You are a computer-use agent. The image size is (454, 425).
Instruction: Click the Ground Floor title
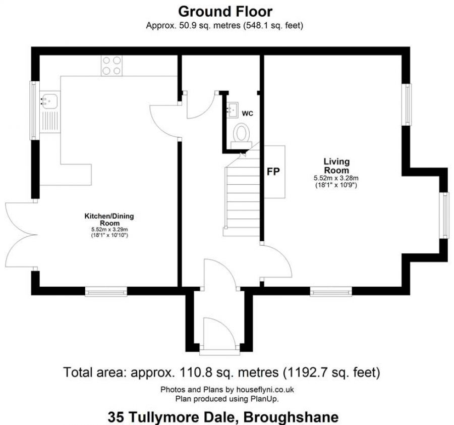click(x=225, y=12)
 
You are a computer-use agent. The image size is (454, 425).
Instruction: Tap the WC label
click(x=248, y=114)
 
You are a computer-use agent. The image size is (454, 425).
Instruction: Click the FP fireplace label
click(x=273, y=172)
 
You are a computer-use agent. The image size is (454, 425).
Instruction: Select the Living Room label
click(x=336, y=166)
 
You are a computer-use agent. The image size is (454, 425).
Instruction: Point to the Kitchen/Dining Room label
click(x=109, y=220)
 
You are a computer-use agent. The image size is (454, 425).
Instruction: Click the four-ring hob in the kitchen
click(x=111, y=66)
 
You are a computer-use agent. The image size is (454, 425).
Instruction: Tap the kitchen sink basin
click(x=49, y=100)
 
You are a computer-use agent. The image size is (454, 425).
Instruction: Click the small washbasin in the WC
click(x=232, y=110)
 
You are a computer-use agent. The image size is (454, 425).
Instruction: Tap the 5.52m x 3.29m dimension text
click(x=109, y=230)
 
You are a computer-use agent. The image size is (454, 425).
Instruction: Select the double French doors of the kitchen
click(x=21, y=235)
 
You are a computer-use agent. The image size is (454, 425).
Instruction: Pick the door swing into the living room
click(x=276, y=261)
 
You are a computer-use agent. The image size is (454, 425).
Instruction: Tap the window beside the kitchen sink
click(x=34, y=111)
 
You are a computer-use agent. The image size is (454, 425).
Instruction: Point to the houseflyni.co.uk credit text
click(x=265, y=389)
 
